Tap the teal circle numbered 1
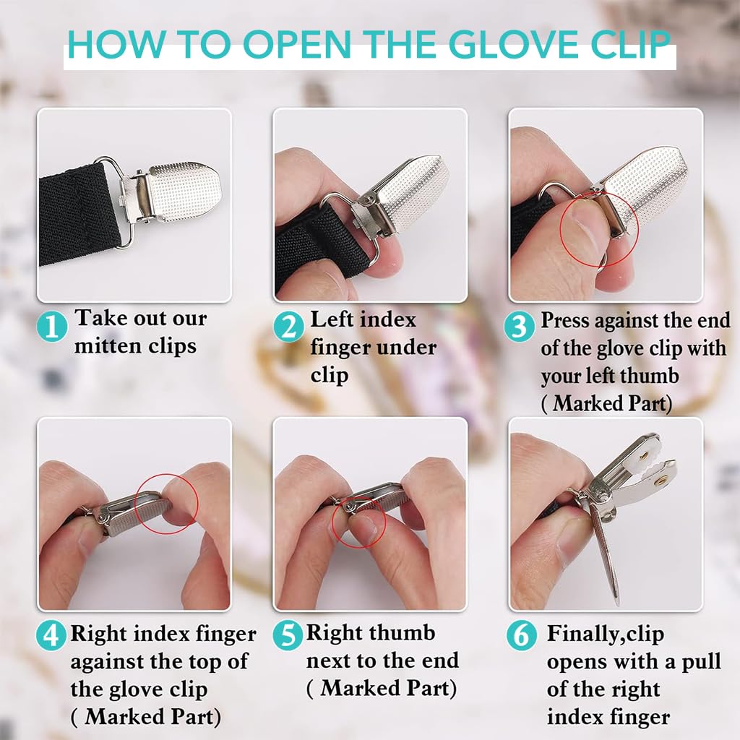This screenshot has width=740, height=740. pos(52,327)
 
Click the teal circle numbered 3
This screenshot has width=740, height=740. pos(519,327)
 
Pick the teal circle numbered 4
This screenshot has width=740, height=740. pos(51,636)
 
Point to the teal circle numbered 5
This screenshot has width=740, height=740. pos(288,635)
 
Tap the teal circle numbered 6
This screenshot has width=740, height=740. pos(522,635)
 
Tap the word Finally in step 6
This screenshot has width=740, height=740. pos(580,634)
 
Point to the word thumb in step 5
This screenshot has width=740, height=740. pos(403,633)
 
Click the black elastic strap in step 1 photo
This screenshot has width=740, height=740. pos(78,215)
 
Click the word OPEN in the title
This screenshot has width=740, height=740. pos(297,45)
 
